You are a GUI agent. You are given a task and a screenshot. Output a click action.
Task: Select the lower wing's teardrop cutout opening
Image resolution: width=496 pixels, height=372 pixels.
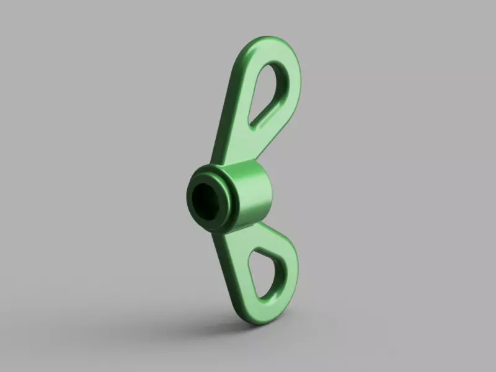coord(266,270)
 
